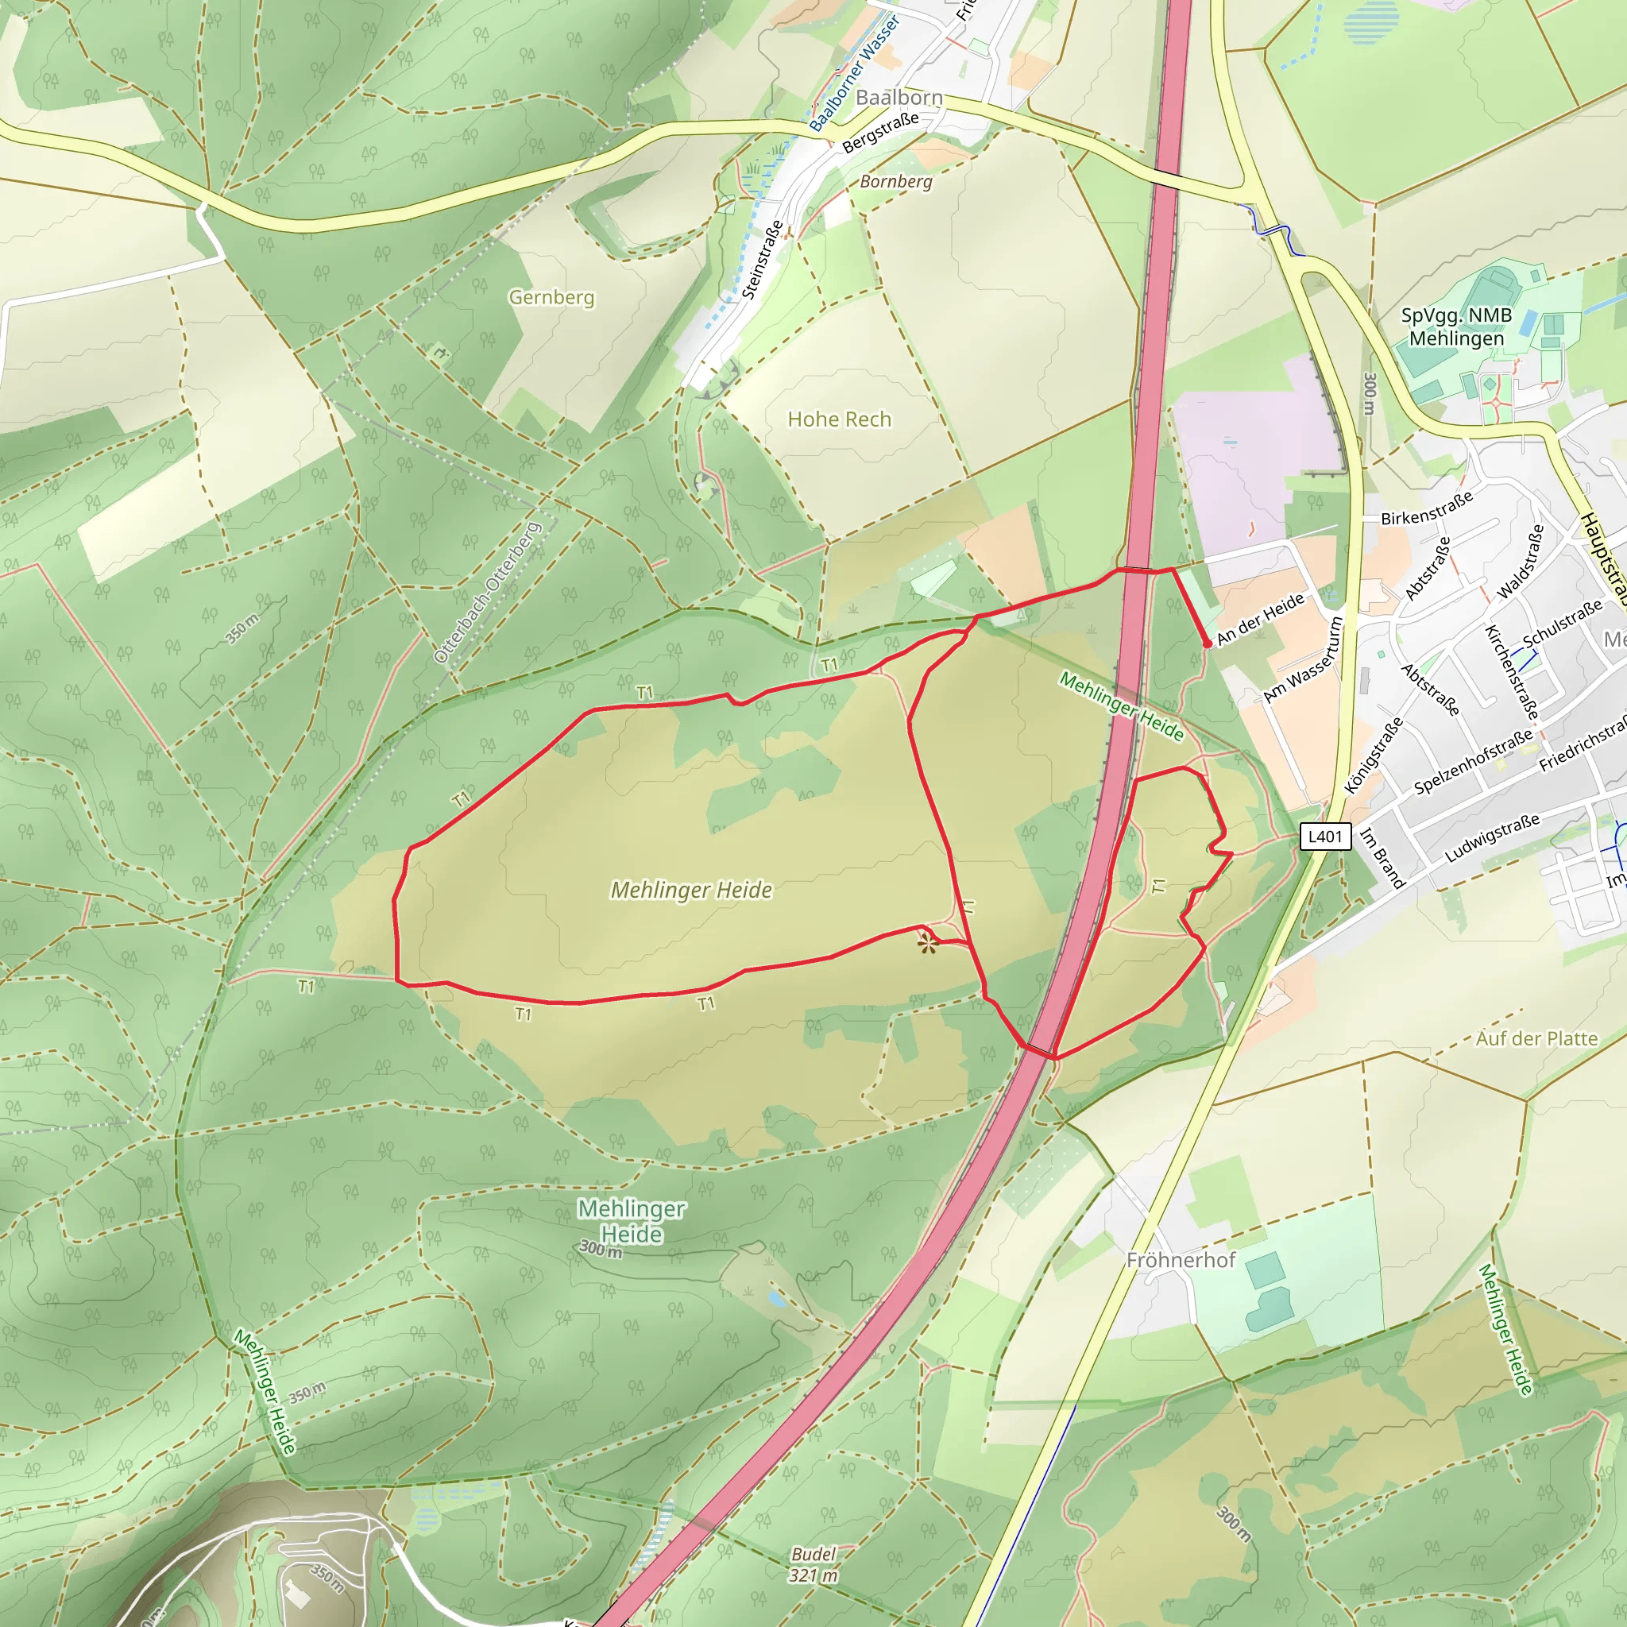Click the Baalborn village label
tap(899, 98)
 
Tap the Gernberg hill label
tap(551, 297)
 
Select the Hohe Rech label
tap(839, 419)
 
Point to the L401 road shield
tap(1324, 837)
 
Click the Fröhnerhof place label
tap(1181, 1260)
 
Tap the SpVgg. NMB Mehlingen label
tap(1456, 327)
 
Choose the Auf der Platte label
tap(1536, 1038)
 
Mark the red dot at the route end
tap(1207, 643)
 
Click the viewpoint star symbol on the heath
tap(928, 944)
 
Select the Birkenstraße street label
tap(1428, 508)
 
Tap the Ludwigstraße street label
tap(1491, 838)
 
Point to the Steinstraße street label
tap(763, 259)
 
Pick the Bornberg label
tap(896, 182)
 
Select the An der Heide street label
tap(1261, 619)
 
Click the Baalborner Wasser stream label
tap(854, 73)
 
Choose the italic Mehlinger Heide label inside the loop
tap(690, 890)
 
